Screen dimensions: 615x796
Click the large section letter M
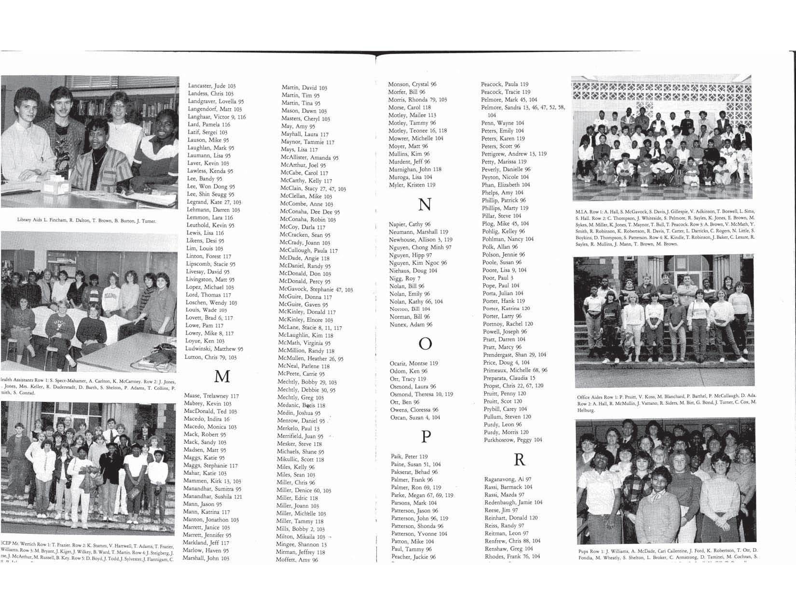click(221, 376)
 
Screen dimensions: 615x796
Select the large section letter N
click(425, 205)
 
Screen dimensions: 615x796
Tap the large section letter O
click(425, 343)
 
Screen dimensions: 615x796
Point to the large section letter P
click(425, 437)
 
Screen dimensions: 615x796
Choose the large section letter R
click(519, 460)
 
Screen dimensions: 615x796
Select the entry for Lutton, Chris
click(210, 357)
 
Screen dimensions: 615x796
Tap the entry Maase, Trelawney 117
click(211, 396)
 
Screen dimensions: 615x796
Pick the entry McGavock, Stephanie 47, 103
click(316, 289)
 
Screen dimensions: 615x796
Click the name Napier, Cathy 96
click(409, 224)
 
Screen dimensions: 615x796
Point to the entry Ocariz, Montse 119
click(413, 363)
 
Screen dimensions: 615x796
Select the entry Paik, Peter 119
click(409, 456)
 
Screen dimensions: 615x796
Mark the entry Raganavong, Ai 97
click(508, 479)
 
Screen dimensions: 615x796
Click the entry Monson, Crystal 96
click(412, 84)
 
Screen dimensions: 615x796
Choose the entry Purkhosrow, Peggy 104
click(513, 440)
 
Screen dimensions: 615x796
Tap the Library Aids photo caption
click(87, 221)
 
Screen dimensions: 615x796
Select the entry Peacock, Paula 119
click(504, 84)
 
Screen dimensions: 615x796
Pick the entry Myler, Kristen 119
click(412, 185)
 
